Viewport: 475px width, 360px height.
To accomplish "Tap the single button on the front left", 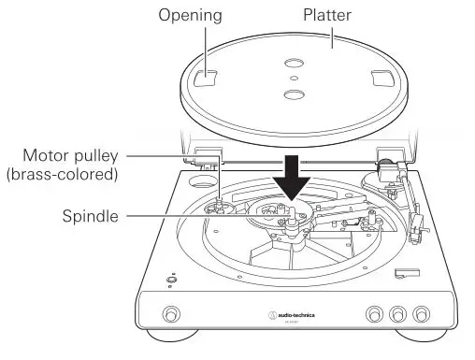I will pyautogui.click(x=170, y=312).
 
